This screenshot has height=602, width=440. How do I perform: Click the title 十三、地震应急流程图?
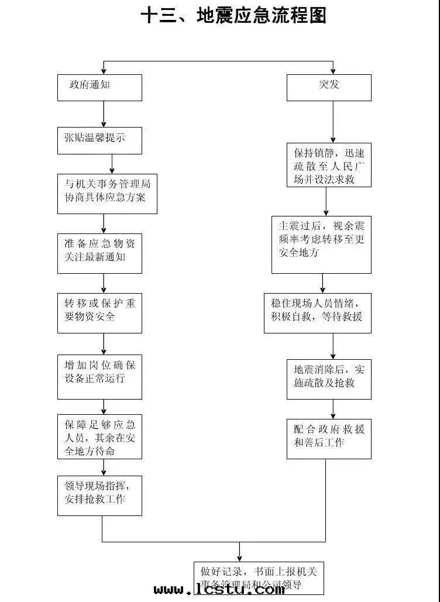click(x=233, y=16)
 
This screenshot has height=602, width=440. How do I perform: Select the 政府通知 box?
click(x=99, y=88)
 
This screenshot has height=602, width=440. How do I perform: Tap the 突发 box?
click(x=329, y=88)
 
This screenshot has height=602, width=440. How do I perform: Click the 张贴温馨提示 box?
click(x=99, y=141)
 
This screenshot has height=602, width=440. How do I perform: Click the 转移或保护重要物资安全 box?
click(x=99, y=313)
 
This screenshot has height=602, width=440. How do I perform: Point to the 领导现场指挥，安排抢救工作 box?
click(x=99, y=496)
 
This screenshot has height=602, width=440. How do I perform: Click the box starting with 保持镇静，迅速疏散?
click(x=329, y=166)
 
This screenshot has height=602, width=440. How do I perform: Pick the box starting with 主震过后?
click(x=321, y=245)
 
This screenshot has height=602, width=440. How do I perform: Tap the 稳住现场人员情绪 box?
click(x=317, y=313)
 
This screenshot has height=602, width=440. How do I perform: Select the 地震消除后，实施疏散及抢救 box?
click(x=329, y=380)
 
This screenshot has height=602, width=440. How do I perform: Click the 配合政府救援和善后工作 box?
click(x=329, y=439)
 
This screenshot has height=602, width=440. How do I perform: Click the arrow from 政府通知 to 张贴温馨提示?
click(x=104, y=114)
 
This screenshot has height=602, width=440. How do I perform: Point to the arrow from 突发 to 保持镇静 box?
click(x=333, y=122)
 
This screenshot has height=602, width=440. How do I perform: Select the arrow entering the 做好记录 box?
click(x=239, y=552)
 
